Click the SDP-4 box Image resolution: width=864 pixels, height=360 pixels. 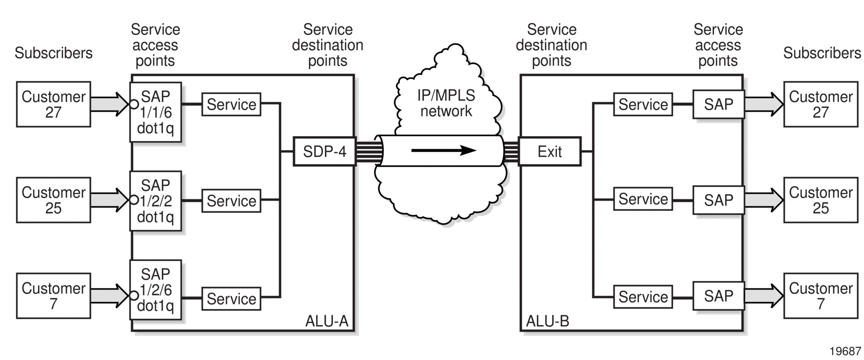point(324,151)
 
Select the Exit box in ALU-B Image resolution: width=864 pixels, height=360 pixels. point(550,151)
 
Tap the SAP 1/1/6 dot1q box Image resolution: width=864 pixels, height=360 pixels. point(155,112)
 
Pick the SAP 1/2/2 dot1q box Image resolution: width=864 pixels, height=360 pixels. point(155,201)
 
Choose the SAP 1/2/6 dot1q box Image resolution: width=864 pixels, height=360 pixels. point(155,290)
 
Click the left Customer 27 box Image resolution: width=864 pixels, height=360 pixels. point(53,104)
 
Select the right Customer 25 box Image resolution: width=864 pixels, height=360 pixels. point(821,200)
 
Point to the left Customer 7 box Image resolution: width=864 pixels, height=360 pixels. point(53,296)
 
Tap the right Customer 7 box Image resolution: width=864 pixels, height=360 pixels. point(821,296)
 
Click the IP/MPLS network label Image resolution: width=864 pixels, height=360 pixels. point(446,103)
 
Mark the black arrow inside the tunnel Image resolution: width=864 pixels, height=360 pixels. point(444,151)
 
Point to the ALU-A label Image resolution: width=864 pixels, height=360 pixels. point(327,321)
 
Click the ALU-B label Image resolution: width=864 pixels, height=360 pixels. point(547,321)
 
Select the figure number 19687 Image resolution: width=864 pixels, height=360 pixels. point(845,351)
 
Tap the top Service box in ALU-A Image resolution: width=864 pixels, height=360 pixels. point(231,104)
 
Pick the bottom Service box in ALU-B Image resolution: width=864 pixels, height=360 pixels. point(643,297)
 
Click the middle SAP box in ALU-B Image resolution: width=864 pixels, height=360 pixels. point(719,200)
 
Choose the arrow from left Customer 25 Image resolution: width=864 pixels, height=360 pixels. point(109,200)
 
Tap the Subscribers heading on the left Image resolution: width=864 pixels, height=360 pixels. point(53,53)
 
